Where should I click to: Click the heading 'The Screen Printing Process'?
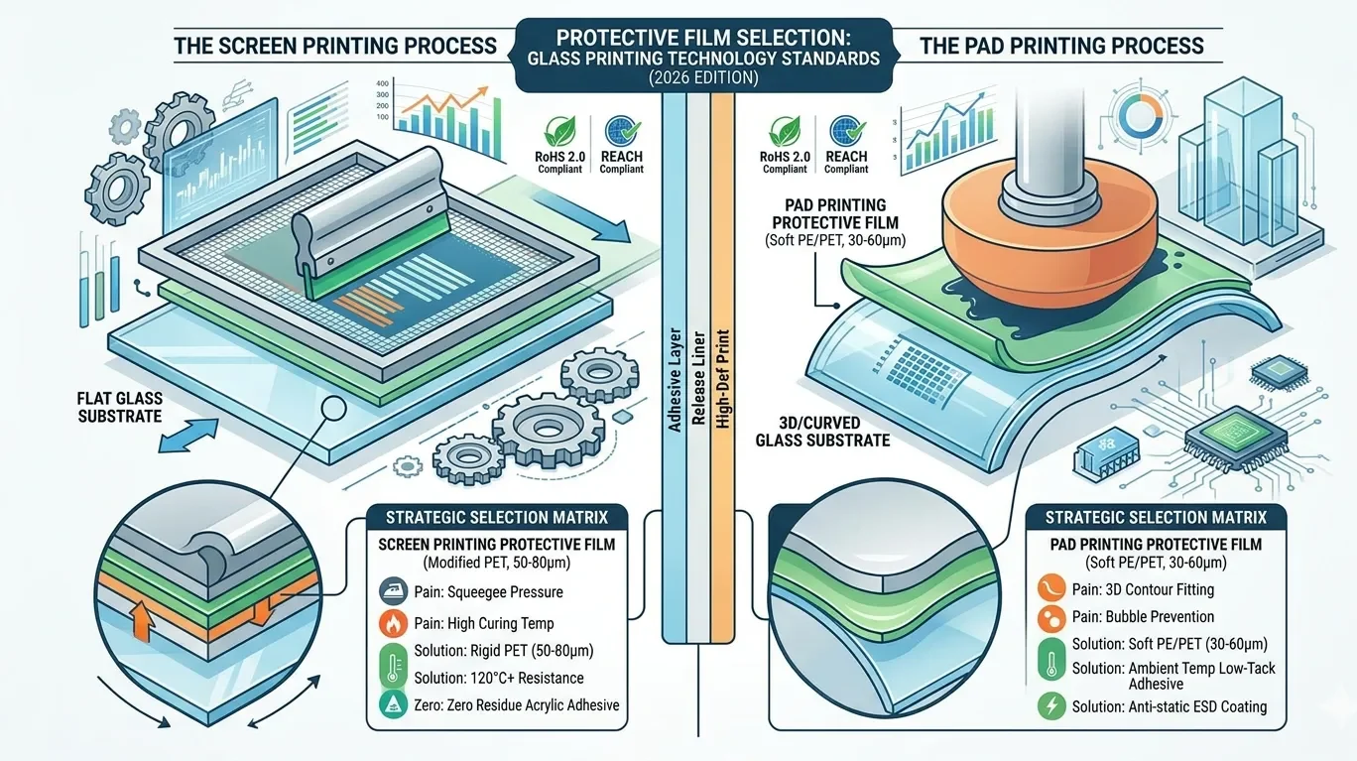(x=335, y=46)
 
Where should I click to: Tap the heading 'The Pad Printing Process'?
(x=1061, y=46)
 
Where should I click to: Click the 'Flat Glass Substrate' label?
(x=119, y=407)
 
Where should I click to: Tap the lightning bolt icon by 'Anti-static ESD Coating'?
(x=1049, y=706)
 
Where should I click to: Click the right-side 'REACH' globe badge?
(x=846, y=131)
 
